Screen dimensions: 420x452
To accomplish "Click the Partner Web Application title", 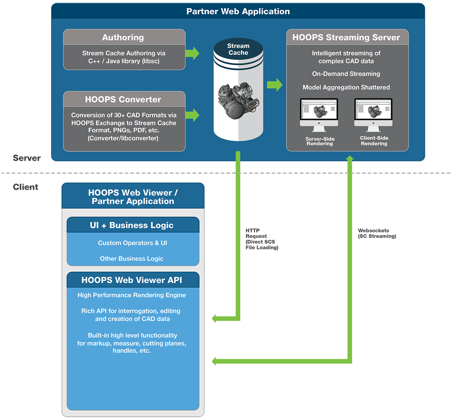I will click(238, 11).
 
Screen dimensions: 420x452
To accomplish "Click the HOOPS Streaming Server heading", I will click(346, 37).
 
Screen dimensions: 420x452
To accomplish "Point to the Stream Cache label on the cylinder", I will click(238, 49).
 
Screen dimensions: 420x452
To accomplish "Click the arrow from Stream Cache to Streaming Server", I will click(275, 85).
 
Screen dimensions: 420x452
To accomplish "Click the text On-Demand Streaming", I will click(346, 74).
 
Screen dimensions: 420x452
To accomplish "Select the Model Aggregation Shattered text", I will click(346, 87).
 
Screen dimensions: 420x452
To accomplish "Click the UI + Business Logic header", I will click(133, 225).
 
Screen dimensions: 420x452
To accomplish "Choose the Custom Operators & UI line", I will click(133, 243).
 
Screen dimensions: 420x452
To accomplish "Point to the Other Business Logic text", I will click(132, 259).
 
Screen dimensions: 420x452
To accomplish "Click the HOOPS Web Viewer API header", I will click(133, 280).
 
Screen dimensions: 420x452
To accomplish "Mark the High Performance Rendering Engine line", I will click(132, 295).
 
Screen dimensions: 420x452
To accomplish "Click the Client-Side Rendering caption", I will click(374, 141).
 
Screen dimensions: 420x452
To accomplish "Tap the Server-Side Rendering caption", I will click(320, 142).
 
